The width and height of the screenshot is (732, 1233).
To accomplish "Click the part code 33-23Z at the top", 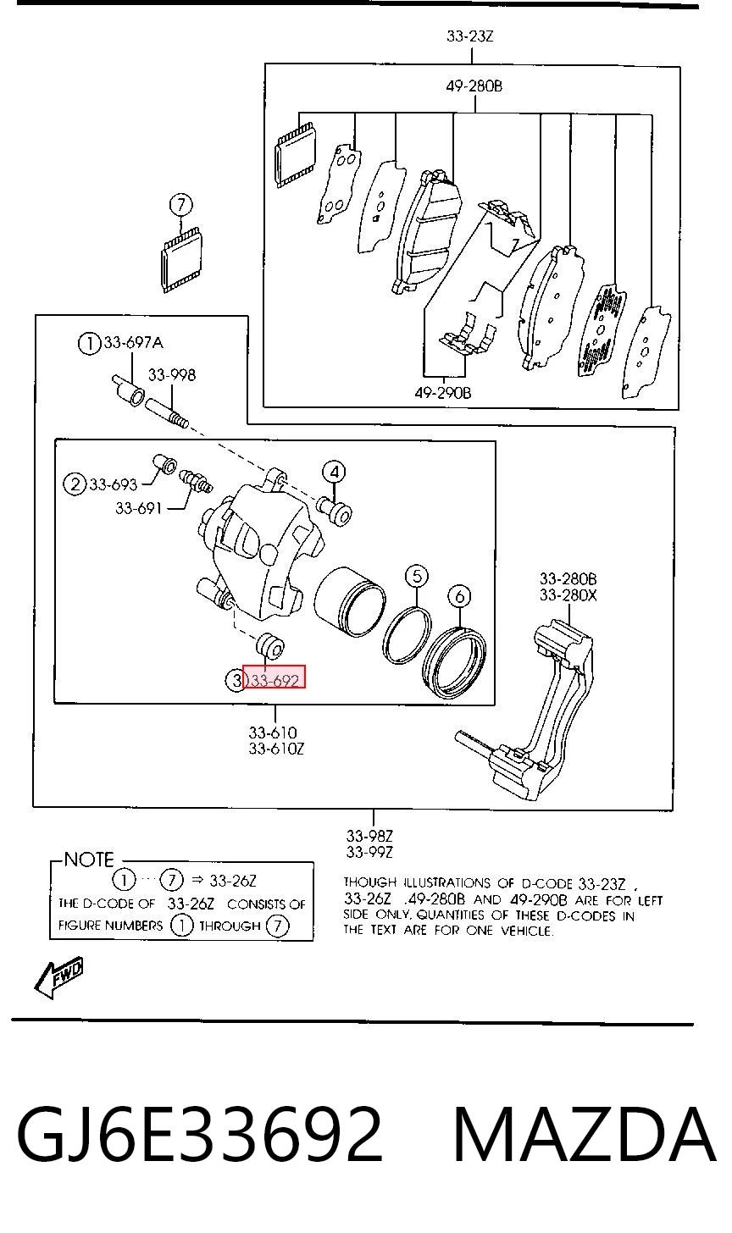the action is click(x=470, y=36).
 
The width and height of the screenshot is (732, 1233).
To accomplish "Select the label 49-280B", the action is click(x=474, y=86).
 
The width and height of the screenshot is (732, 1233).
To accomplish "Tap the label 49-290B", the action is click(x=443, y=393).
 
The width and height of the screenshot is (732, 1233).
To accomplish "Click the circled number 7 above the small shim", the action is click(x=180, y=205).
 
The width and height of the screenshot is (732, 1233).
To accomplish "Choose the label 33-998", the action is click(x=172, y=375).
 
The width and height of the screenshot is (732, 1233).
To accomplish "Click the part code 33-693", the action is click(x=114, y=484).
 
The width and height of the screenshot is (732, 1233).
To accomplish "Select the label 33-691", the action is click(x=138, y=508).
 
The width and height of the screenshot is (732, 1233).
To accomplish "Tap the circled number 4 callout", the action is click(x=334, y=473).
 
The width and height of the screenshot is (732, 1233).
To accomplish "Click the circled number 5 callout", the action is click(x=416, y=577).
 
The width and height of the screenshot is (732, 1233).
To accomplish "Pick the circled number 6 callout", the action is click(x=459, y=596).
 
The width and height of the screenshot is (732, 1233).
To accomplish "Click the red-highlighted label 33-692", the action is click(x=274, y=680).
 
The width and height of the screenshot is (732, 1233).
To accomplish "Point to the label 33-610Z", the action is click(x=276, y=749).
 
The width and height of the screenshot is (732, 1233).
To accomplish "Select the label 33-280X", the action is click(x=568, y=595).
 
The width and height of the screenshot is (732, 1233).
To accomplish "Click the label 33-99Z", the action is click(x=369, y=852).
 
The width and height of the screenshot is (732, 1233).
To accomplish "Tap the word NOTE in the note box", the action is click(x=89, y=860).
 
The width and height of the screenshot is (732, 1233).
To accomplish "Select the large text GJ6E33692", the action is click(x=199, y=1136).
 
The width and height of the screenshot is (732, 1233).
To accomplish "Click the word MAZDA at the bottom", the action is click(x=585, y=1136).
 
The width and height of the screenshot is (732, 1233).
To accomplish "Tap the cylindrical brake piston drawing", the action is click(x=350, y=601).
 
